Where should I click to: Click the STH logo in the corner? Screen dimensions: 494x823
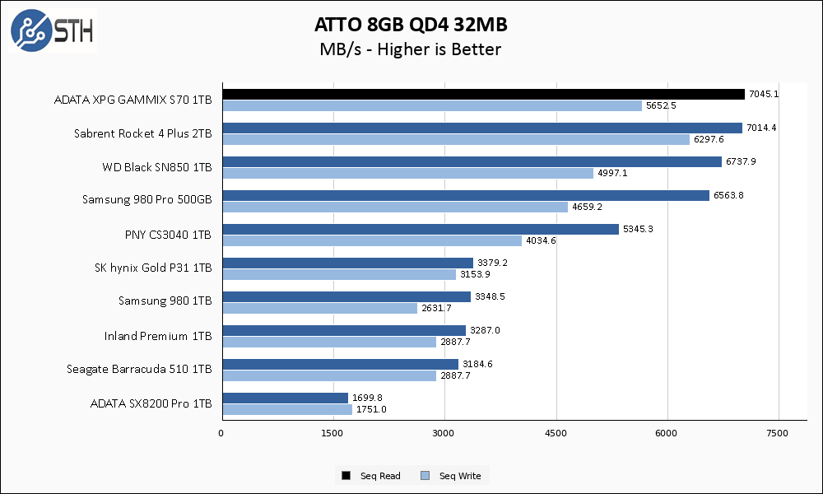pos(52,30)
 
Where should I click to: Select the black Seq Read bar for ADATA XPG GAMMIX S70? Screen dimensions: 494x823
pos(482,94)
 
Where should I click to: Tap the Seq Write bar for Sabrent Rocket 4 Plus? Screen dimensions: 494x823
pos(455,139)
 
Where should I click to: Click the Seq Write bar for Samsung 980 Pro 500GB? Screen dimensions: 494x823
pos(394,207)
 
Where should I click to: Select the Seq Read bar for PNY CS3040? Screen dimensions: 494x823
pos(420,229)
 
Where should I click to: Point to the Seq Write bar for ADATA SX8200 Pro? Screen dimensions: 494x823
pos(286,409)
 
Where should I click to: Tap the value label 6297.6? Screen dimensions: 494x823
pos(709,139)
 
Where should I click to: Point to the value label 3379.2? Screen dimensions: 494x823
pos(491,263)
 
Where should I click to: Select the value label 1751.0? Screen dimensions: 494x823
pos(370,409)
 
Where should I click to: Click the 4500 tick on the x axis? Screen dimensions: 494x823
pos(556,433)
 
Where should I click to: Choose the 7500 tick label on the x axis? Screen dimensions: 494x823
pos(778,433)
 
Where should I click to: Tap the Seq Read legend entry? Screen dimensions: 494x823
pos(372,476)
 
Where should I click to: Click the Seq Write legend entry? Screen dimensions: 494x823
pos(451,476)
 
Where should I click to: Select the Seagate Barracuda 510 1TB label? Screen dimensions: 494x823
pos(139,370)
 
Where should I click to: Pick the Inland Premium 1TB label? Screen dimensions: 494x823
pos(158,336)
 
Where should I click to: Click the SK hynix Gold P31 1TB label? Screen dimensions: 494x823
pos(154,268)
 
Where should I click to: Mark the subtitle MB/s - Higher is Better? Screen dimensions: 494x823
pos(410,49)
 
